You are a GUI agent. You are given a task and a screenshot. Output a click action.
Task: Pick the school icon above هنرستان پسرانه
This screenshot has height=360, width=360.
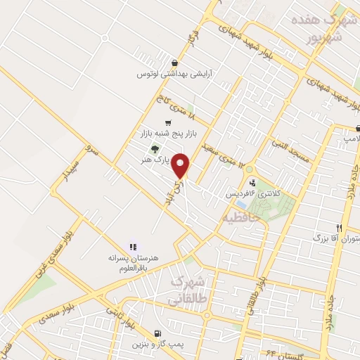click(131, 246)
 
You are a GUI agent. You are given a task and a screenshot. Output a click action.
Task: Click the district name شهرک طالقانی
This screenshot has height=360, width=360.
click(188, 290)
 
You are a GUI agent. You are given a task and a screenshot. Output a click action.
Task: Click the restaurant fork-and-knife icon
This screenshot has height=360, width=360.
click(339, 228)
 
